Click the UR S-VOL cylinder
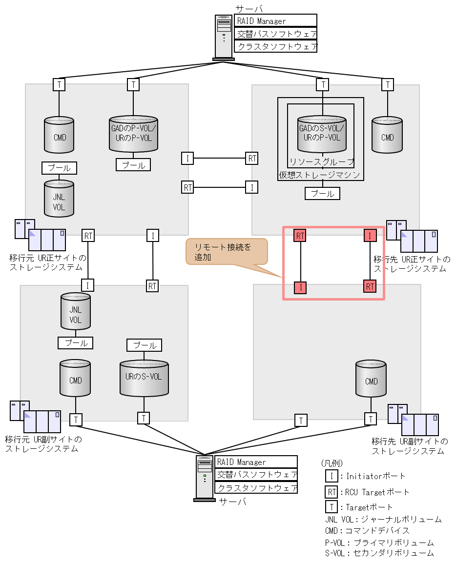pyautogui.click(x=144, y=378)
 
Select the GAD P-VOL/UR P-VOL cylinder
pyautogui.click(x=133, y=134)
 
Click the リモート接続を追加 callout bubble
pyautogui.click(x=227, y=252)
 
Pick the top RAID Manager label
pyautogui.click(x=275, y=21)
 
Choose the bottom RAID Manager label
pyautogui.click(x=256, y=462)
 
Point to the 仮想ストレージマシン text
pyautogui.click(x=320, y=175)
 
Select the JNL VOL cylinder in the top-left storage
pyautogui.click(x=59, y=199)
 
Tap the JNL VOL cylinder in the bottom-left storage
pyautogui.click(x=76, y=311)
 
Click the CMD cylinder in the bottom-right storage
pyautogui.click(x=371, y=379)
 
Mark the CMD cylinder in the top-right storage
pyautogui.click(x=387, y=135)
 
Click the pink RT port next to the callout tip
pyautogui.click(x=300, y=236)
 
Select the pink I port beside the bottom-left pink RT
pyautogui.click(x=300, y=288)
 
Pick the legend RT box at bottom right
pyautogui.click(x=332, y=492)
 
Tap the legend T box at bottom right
pyautogui.click(x=332, y=507)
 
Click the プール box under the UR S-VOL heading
pyautogui.click(x=144, y=345)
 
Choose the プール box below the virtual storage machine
pyautogui.click(x=322, y=194)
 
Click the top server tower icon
pyautogui.click(x=224, y=37)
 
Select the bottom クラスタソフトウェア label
pyautogui.click(x=256, y=487)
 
